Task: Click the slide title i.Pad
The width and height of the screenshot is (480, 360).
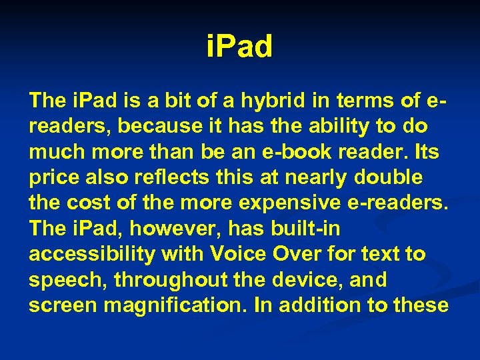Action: pyautogui.click(x=239, y=47)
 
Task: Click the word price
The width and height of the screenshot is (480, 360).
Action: pyautogui.click(x=51, y=177)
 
